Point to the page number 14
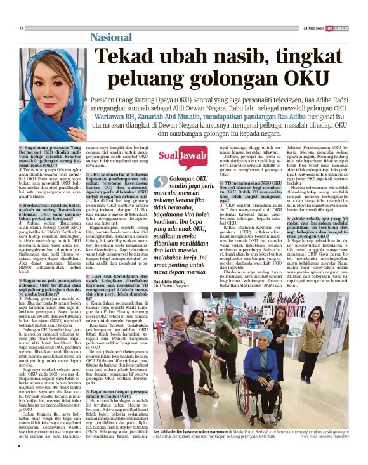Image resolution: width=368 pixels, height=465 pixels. click(x=21, y=28)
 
